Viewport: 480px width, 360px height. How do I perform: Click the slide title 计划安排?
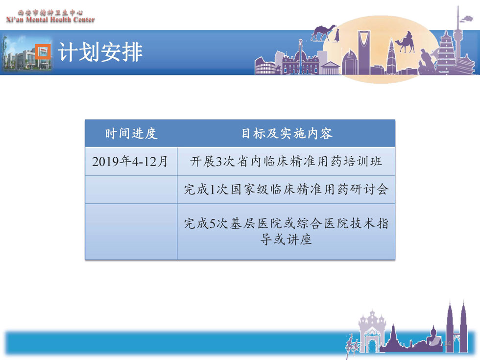100,52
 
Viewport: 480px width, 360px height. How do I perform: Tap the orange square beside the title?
43,52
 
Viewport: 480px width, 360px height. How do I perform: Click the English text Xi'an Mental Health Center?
50,20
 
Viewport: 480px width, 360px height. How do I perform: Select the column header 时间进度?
131,134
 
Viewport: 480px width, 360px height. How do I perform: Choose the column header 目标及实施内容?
287,134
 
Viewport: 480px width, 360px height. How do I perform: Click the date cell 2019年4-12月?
130,161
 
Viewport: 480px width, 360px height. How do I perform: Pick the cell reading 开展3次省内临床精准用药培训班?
286,161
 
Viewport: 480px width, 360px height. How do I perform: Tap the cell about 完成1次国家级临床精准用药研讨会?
286,190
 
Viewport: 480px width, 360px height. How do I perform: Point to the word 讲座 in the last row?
299,240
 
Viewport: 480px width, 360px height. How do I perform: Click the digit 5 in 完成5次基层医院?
213,224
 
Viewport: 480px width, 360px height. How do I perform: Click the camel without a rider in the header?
323,32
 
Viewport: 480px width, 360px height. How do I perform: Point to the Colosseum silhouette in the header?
265,66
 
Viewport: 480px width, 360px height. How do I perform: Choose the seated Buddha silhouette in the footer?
433,337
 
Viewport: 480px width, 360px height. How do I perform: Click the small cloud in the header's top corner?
467,19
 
